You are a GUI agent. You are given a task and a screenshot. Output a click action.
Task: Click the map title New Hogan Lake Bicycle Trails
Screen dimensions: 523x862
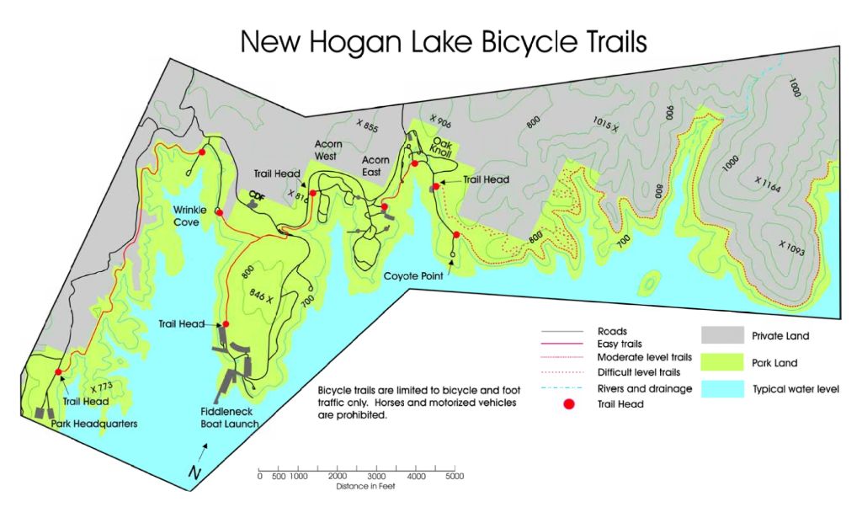point(444,41)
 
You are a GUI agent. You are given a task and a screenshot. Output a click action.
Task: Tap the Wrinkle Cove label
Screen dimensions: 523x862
point(186,216)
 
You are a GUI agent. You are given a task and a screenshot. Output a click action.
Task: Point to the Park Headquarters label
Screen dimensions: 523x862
point(93,424)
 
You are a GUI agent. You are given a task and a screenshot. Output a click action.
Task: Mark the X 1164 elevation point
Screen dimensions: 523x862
point(767,184)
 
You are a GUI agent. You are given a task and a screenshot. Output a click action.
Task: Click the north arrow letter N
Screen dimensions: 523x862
point(194,474)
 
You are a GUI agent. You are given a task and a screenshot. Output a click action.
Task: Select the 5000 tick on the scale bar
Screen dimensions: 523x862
point(454,477)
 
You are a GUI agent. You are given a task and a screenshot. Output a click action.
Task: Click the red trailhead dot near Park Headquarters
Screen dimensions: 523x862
point(58,372)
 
